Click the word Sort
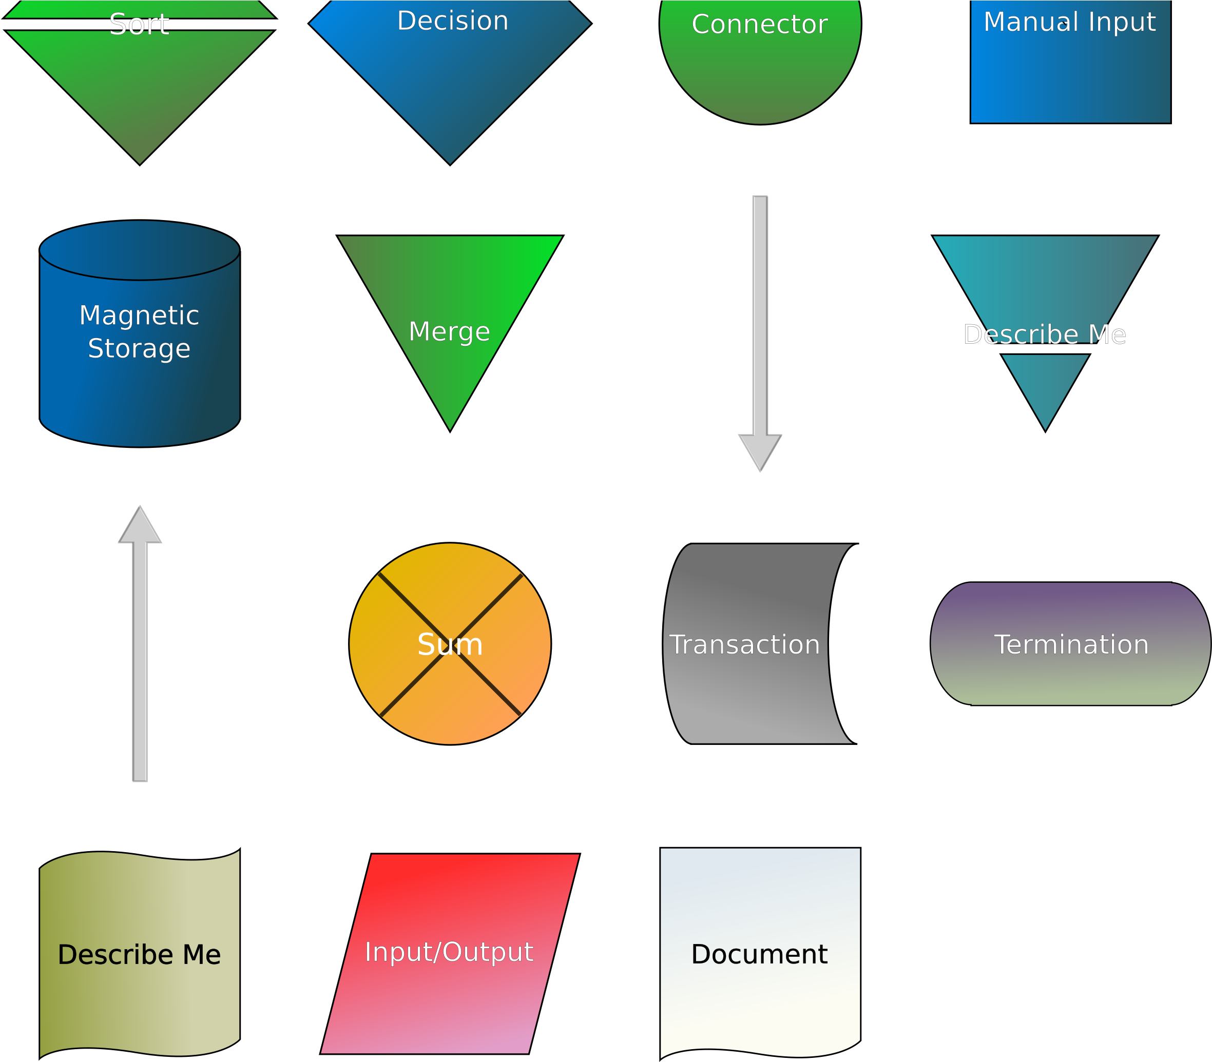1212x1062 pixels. [x=139, y=25]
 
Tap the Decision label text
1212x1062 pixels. [x=452, y=22]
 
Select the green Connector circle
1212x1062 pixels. [x=760, y=71]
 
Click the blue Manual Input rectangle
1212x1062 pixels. [x=1070, y=77]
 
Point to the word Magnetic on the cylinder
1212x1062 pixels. [x=139, y=316]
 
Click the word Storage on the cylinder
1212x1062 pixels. [x=139, y=348]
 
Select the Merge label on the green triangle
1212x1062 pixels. [x=450, y=332]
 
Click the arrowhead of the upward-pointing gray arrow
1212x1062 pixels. [x=140, y=526]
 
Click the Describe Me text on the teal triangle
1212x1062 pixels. [x=1044, y=335]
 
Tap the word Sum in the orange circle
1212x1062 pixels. [x=450, y=645]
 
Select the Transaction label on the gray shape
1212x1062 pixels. [x=744, y=645]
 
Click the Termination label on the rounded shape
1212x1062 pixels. [x=1071, y=645]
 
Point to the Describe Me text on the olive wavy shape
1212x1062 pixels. [x=139, y=955]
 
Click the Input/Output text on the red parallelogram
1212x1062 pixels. [x=449, y=952]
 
